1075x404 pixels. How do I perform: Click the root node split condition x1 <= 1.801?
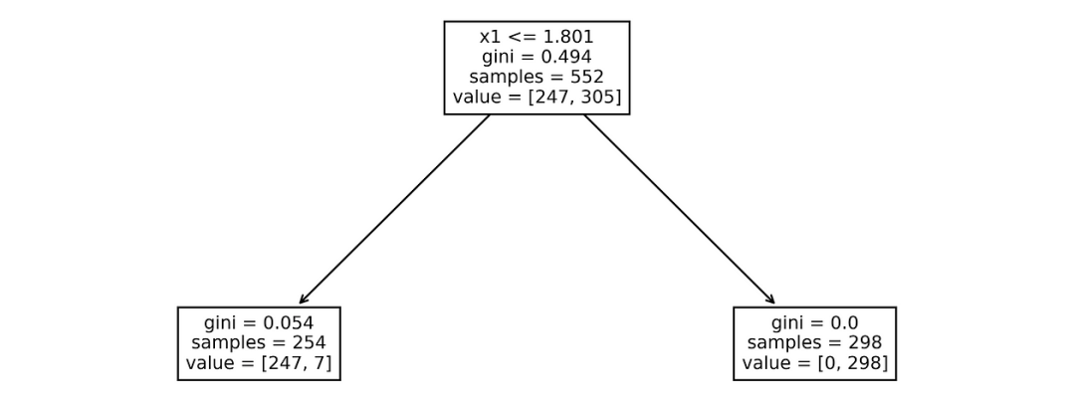tap(537, 36)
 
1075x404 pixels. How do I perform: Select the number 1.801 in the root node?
tap(567, 36)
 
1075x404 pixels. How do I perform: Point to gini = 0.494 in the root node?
tap(537, 57)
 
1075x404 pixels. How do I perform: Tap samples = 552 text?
tap(537, 77)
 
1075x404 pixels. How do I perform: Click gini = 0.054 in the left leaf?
tap(259, 322)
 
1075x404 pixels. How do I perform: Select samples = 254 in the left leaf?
tap(259, 342)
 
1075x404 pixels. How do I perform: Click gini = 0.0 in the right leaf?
tap(814, 322)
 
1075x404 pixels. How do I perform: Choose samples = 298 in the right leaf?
tap(814, 342)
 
